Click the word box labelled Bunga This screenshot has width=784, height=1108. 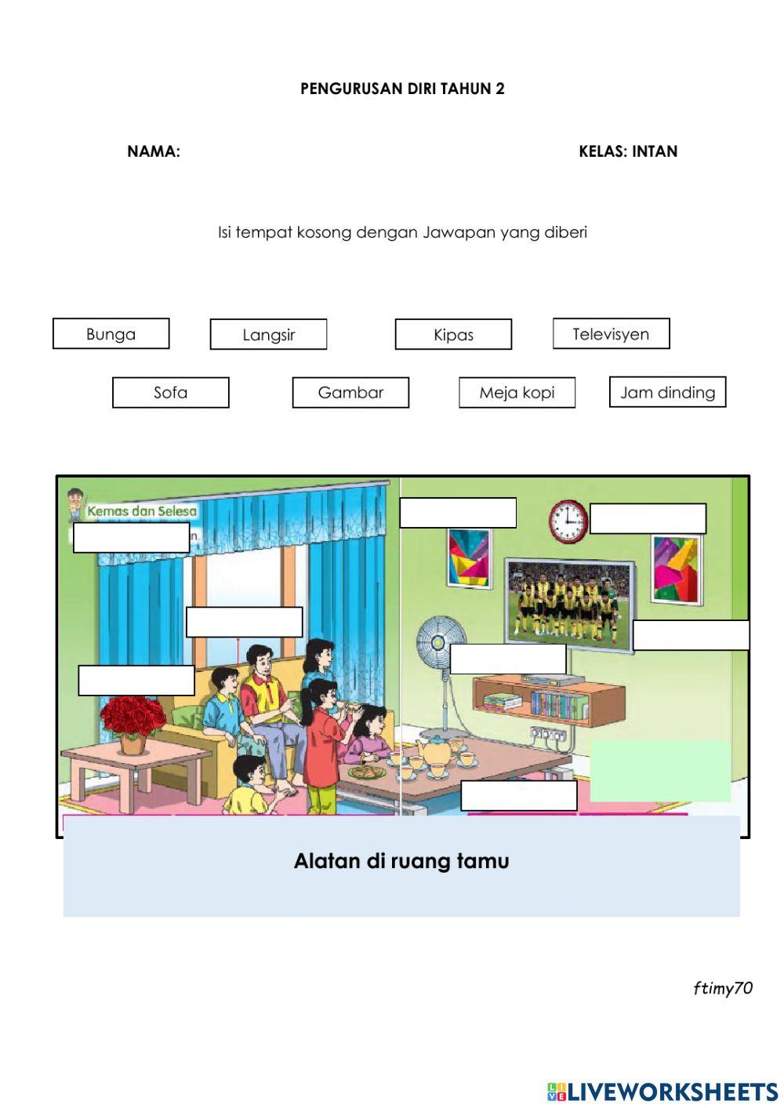pos(111,334)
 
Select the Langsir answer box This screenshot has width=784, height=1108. pos(268,335)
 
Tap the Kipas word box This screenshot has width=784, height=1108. pos(453,335)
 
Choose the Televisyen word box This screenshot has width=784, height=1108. pos(611,334)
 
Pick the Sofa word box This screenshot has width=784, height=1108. pos(170,393)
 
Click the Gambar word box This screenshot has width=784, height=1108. pos(350,393)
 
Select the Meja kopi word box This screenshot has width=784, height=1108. pos(517,393)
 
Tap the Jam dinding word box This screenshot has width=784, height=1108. pos(667,392)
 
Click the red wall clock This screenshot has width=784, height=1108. pos(568,521)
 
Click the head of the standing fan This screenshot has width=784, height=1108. pos(431,644)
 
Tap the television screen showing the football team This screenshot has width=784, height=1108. pos(569,605)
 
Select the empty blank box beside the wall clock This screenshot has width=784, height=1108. pos(648,519)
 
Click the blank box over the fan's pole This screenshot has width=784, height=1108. pos(508,659)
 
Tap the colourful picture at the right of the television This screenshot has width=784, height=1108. pos(676,569)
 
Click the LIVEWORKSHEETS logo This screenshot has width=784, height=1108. pos(662,1092)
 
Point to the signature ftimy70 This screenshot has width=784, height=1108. pos(722,988)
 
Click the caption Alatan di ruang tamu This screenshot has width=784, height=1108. pos(401,861)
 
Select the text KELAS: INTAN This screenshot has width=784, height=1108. pos(628,151)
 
